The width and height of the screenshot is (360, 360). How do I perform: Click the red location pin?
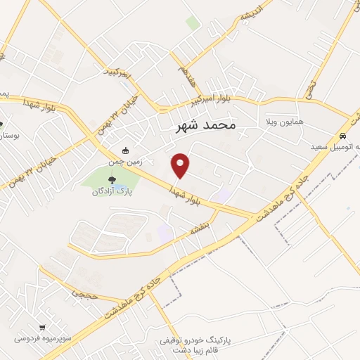(181, 164)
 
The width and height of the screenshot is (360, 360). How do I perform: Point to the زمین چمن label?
(125, 161)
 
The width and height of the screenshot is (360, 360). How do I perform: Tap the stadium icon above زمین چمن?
(126, 150)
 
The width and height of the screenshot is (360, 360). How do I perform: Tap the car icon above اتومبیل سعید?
(342, 136)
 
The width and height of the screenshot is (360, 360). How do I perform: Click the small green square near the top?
(193, 23)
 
